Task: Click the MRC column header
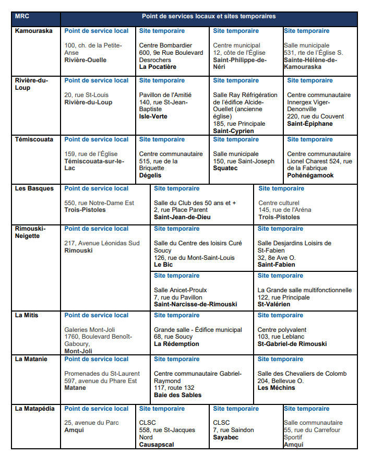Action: (x=22, y=16)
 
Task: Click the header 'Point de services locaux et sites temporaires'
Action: (x=209, y=16)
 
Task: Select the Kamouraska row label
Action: (x=33, y=31)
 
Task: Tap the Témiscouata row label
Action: (x=34, y=139)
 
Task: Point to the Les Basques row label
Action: (x=34, y=188)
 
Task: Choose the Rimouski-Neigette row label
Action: (x=30, y=232)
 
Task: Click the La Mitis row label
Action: (x=27, y=315)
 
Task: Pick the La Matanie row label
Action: (x=31, y=359)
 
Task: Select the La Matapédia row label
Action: (x=34, y=409)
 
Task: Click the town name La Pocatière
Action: (x=158, y=67)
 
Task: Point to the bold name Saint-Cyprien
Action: (x=233, y=131)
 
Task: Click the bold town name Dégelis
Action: (x=151, y=176)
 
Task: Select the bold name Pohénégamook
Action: (x=310, y=176)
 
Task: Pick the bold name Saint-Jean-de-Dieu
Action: (x=182, y=217)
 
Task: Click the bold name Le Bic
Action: (x=163, y=265)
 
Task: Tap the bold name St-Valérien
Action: (x=274, y=304)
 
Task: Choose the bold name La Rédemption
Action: (x=176, y=344)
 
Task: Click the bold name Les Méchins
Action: (x=277, y=388)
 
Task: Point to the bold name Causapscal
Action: (x=157, y=445)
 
